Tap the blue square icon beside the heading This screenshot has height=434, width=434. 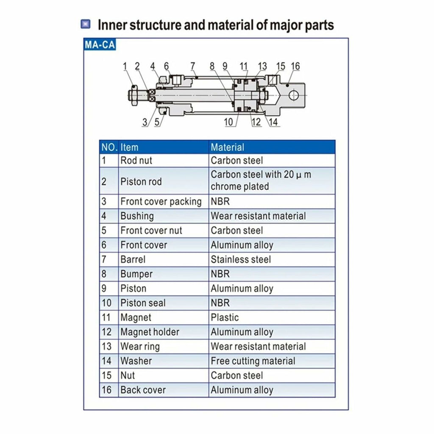(85, 24)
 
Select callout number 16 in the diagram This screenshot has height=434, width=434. (295, 66)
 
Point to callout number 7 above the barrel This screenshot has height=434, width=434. (192, 66)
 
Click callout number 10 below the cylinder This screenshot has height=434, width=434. (228, 122)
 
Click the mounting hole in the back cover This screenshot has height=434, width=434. (294, 96)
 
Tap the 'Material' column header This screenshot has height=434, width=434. (228, 147)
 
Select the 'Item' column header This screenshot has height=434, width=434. (129, 147)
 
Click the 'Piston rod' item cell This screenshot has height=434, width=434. (141, 181)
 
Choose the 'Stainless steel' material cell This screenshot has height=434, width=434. (241, 259)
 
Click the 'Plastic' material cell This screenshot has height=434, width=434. (225, 317)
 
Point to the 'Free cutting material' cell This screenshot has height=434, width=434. (253, 361)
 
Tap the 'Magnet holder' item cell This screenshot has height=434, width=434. (150, 332)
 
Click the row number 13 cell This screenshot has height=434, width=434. (107, 346)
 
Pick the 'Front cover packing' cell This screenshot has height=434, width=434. (161, 201)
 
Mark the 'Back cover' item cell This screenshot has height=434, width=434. (143, 390)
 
